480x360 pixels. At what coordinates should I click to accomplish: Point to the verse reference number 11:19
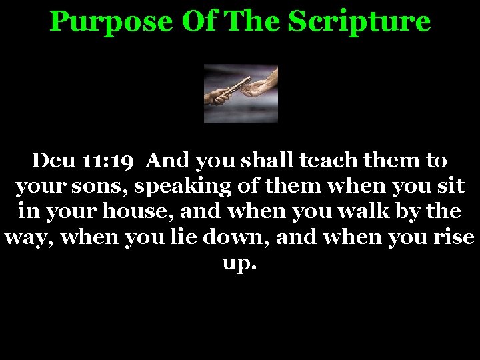coord(112,161)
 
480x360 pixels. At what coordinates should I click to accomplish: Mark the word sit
coord(452,187)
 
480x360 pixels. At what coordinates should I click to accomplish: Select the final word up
coord(239,265)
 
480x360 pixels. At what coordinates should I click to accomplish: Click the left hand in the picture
coord(217,98)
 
